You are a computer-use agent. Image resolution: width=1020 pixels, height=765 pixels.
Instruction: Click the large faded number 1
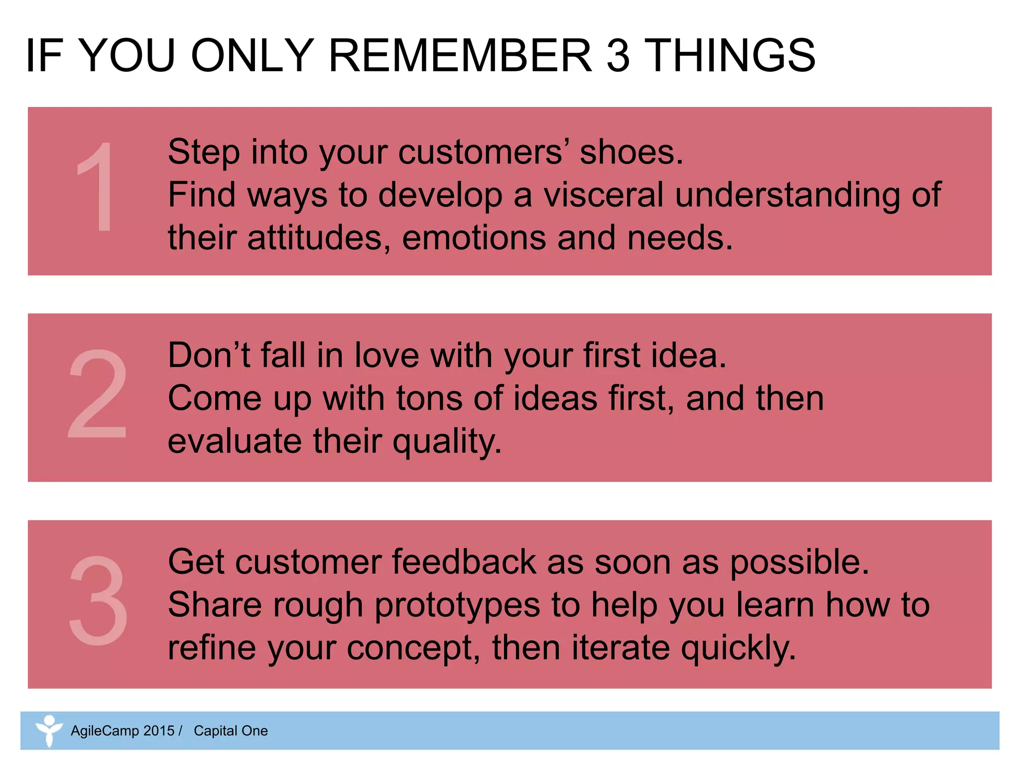96,187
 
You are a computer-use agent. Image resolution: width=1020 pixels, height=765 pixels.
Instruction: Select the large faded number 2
98,394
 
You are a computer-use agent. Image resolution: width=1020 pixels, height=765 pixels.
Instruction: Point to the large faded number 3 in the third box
98,601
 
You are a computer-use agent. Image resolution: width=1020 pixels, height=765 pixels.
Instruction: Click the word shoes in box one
631,152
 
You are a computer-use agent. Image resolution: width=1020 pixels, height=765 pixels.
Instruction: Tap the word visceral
603,195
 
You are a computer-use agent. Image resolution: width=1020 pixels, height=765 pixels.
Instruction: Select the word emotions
474,238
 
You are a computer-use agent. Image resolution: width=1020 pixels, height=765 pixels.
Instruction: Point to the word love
386,356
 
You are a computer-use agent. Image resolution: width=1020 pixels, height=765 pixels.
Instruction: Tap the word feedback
464,562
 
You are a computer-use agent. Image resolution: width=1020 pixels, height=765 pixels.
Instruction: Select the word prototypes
457,606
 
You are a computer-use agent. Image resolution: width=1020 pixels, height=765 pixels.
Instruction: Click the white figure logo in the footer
49,731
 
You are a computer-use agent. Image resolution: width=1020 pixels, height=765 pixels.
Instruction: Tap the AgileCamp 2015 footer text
123,731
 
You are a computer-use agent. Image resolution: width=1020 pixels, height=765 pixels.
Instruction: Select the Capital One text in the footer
231,731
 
